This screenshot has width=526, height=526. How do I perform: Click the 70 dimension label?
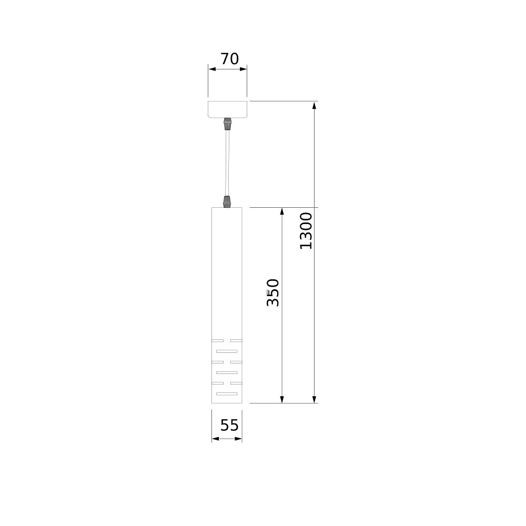(x=229, y=59)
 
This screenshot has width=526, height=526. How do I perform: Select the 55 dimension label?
(x=229, y=425)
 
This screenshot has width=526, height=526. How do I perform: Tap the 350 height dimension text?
(x=272, y=292)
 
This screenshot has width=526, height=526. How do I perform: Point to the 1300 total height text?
(x=306, y=230)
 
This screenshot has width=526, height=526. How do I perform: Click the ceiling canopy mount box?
(x=227, y=109)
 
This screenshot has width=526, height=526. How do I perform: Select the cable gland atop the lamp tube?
(x=227, y=201)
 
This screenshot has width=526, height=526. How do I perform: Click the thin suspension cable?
(x=227, y=164)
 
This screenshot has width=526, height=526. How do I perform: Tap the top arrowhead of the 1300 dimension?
(x=315, y=106)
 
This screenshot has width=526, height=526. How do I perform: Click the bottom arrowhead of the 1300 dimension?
(x=315, y=399)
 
